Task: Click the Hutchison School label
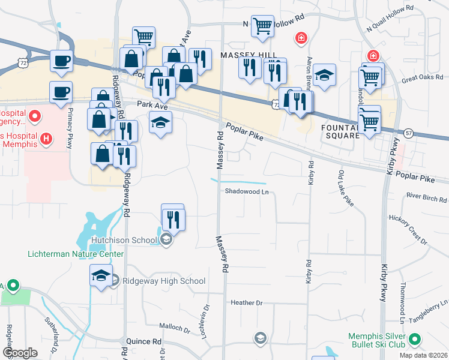pyautogui.click(x=124, y=241)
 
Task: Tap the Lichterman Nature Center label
pyautogui.click(x=76, y=254)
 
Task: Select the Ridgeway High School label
pyautogui.click(x=164, y=281)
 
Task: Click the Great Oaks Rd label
pyautogui.click(x=421, y=79)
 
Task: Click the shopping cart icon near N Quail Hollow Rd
pyautogui.click(x=262, y=26)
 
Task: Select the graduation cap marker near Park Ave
pyautogui.click(x=160, y=122)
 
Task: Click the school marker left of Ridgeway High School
pyautogui.click(x=101, y=276)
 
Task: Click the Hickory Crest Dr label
pyautogui.click(x=408, y=229)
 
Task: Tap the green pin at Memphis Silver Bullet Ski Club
pyautogui.click(x=414, y=341)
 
